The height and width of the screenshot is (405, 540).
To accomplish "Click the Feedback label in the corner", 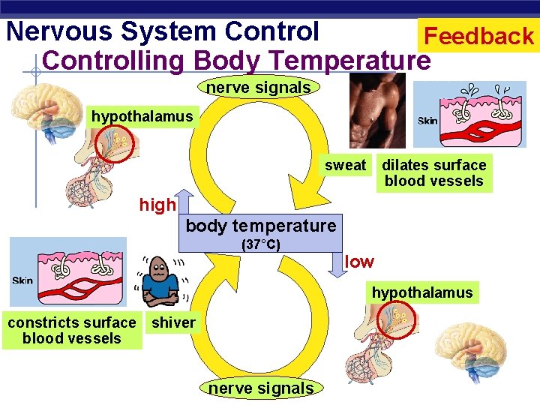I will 478,35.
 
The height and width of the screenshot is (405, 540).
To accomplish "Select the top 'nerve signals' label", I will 258,88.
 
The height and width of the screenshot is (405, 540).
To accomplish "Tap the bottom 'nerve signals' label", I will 260,388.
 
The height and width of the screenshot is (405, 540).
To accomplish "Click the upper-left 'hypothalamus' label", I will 142,116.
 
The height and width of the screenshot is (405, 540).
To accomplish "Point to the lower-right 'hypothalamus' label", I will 422,292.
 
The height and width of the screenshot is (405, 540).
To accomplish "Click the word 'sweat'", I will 345,165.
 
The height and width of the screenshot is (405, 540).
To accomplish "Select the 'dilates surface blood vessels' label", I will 434,172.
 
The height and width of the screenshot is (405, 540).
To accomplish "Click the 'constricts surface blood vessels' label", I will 71,331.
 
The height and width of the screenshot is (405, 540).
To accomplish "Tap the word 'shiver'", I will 173,323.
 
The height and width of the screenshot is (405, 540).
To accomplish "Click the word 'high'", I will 157,205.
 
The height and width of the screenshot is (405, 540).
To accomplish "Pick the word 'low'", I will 359,262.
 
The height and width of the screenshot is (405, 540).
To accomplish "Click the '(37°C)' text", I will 259,244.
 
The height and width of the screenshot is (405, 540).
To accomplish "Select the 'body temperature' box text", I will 260,225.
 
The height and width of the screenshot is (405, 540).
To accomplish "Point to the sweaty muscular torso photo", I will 378,112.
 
